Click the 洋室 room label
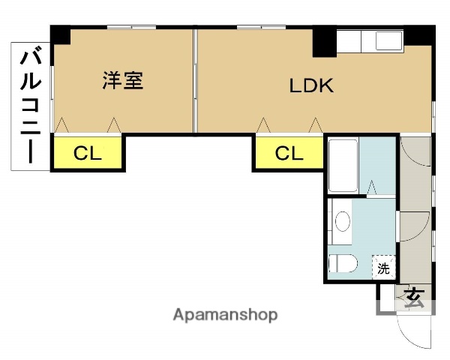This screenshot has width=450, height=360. point(122,81)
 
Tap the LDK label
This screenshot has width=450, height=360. point(311,85)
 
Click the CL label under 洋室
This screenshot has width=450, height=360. point(87,154)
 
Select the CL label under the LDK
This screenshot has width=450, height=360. point(289,154)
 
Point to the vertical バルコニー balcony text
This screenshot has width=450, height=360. point(30,105)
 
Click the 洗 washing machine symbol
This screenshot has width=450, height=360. point(384,267)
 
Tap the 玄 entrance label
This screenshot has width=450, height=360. point(413,298)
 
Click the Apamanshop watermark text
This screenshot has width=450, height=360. point(225,315)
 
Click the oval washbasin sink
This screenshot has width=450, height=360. point(343,221)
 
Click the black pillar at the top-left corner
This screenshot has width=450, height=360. point(60,34)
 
